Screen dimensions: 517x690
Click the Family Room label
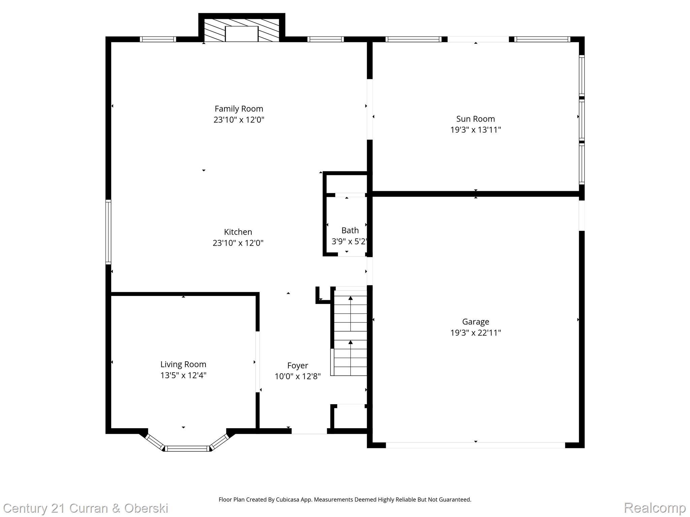coord(239,109)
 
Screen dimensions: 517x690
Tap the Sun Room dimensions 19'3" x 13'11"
coord(475,130)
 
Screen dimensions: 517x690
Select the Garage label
coord(475,322)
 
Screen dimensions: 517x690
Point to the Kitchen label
coord(238,232)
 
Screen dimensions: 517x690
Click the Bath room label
coord(350,231)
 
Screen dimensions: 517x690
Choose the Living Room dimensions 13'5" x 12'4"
coord(183,375)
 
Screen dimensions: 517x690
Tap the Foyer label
coord(297,366)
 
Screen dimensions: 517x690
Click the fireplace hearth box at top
coord(241,34)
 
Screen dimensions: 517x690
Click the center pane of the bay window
coord(187,448)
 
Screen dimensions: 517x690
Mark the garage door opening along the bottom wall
coord(475,445)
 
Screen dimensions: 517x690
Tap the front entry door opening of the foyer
coord(309,431)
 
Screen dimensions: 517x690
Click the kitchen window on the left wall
coord(108,232)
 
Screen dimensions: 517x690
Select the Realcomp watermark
coord(654,508)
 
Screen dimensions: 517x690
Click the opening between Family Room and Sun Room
coord(370,109)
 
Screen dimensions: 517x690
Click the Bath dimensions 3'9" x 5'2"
coord(349,241)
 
